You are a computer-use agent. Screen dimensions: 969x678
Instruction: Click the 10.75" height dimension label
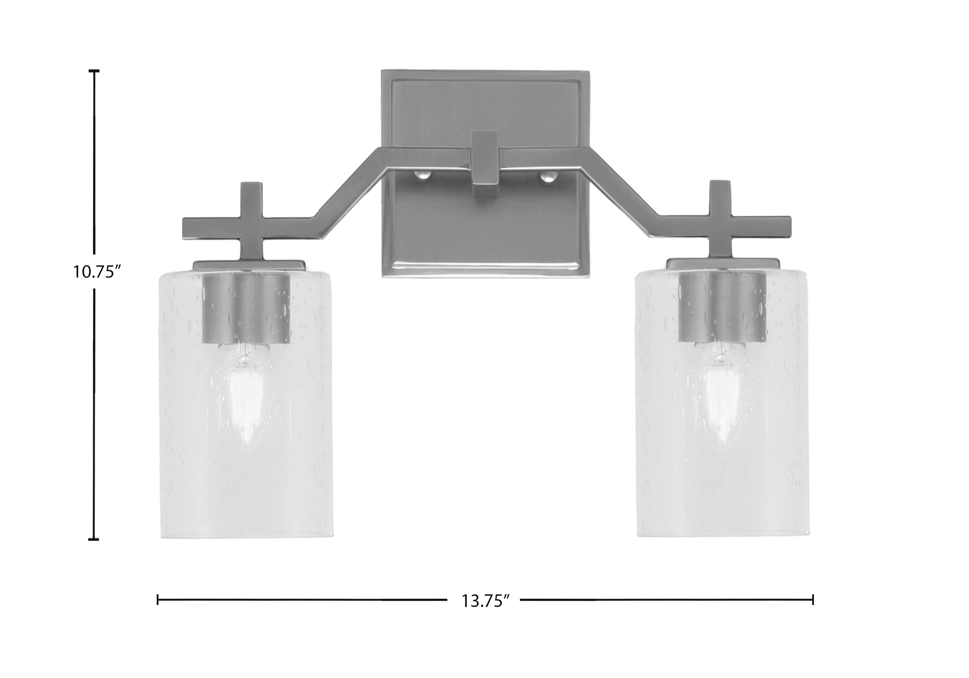[x=98, y=272]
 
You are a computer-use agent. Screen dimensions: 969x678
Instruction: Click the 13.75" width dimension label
[x=483, y=601]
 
